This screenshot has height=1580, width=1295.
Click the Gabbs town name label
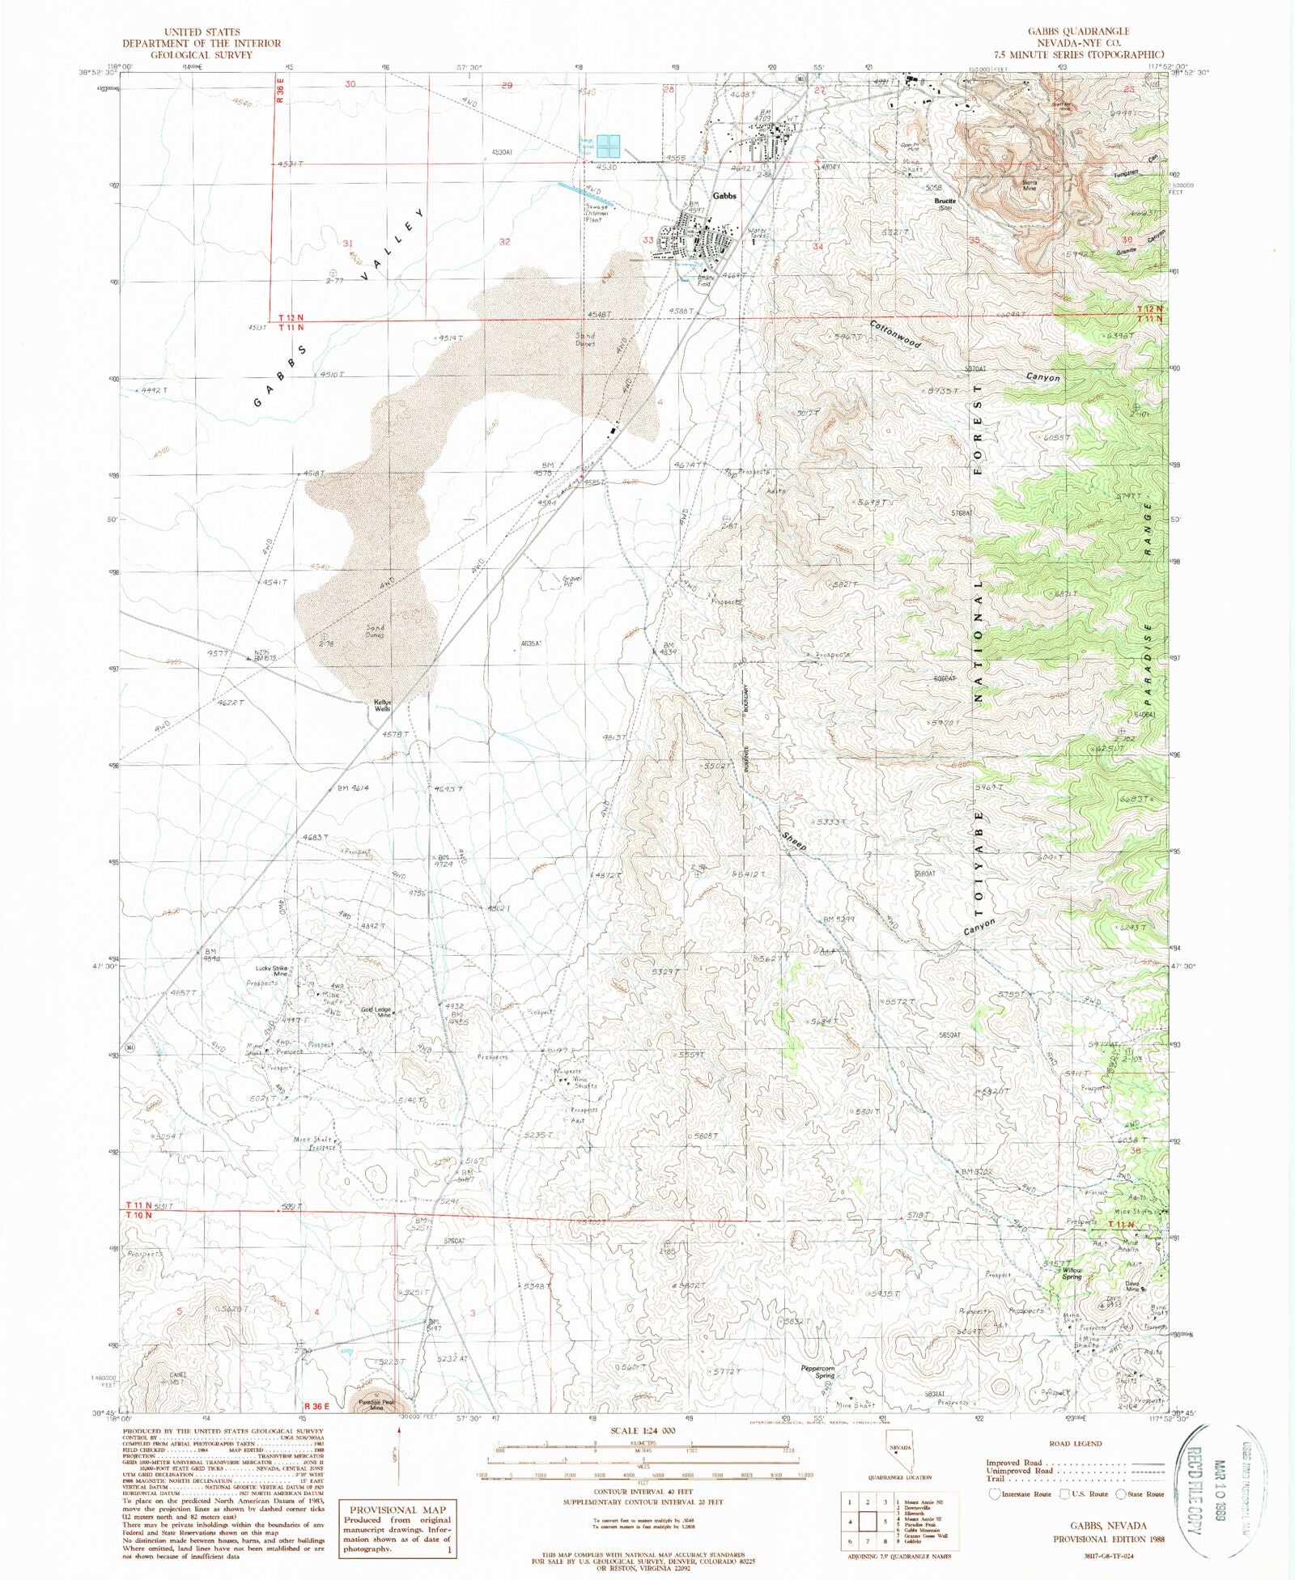click(x=724, y=196)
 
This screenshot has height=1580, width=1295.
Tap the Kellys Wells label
click(x=382, y=705)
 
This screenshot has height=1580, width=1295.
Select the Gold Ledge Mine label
click(x=376, y=1012)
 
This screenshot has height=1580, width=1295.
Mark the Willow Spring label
click(x=1072, y=1273)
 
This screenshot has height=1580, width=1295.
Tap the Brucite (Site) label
click(x=945, y=203)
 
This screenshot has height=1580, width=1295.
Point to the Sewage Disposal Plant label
click(x=595, y=212)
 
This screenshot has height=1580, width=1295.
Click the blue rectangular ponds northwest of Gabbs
click(x=608, y=146)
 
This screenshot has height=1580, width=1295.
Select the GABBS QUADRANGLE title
click(x=1078, y=31)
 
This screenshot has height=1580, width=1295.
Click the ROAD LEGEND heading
click(x=1075, y=1443)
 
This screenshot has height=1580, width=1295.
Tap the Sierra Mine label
click(x=1030, y=185)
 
